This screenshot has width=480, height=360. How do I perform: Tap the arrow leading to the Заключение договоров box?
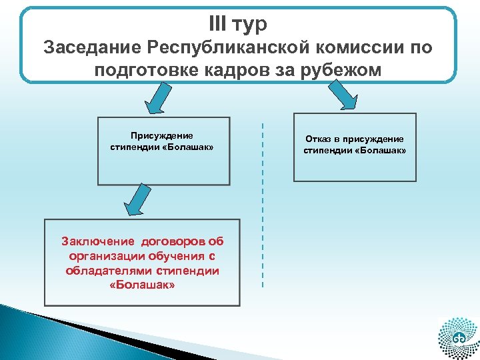pos(138,200)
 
